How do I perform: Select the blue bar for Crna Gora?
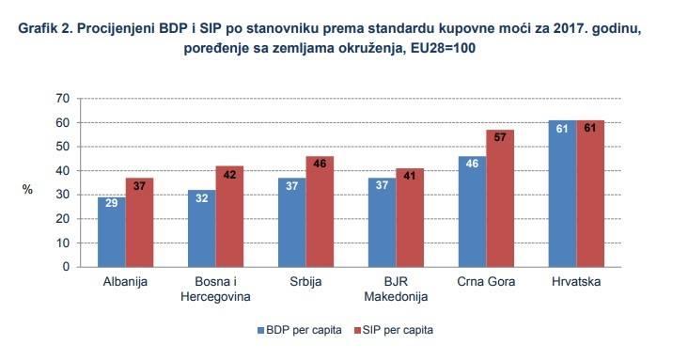(x=472, y=211)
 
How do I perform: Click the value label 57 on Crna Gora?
(x=500, y=137)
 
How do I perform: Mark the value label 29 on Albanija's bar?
(x=111, y=204)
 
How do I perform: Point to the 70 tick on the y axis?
(x=63, y=99)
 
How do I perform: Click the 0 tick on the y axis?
(x=67, y=267)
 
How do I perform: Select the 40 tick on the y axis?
(x=63, y=171)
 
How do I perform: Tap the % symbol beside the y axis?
(x=28, y=189)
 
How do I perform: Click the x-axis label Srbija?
(x=305, y=282)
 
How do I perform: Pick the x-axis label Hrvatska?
(x=576, y=282)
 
